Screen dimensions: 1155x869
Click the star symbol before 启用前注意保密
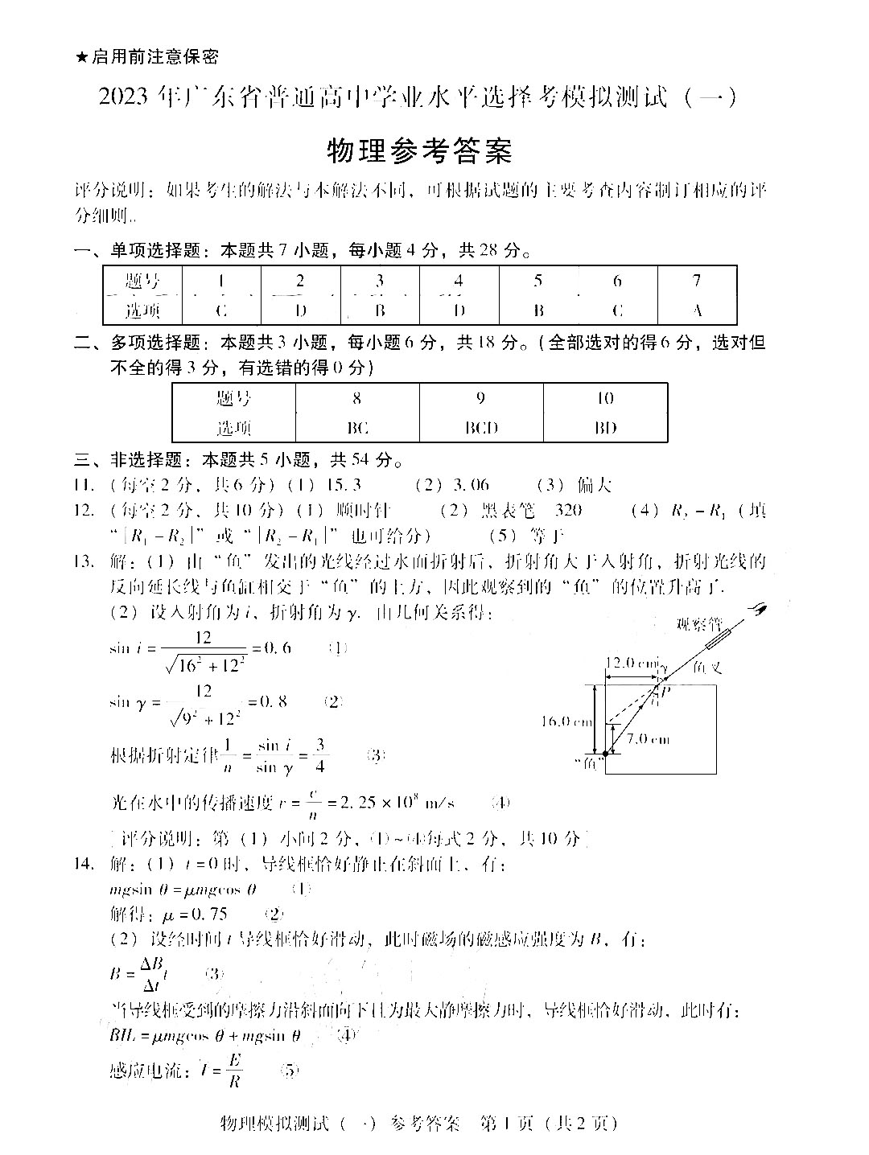coord(80,57)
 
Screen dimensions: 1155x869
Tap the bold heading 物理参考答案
coord(419,150)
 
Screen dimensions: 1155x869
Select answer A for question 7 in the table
coord(697,310)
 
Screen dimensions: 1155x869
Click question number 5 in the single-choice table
coord(537,281)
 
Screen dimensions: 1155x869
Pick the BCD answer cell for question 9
coord(481,427)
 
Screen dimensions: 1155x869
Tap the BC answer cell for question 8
coord(356,427)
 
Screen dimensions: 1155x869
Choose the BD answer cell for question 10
coord(605,427)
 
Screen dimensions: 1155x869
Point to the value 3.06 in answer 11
coord(470,485)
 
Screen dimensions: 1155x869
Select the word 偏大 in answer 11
coord(595,485)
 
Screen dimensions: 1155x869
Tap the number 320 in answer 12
coord(568,510)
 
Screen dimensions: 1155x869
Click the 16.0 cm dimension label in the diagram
coord(566,721)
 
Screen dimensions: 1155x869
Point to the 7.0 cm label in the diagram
coord(648,738)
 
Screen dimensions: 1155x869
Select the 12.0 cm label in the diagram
coord(632,664)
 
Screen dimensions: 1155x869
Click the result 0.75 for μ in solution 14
coord(208,914)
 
